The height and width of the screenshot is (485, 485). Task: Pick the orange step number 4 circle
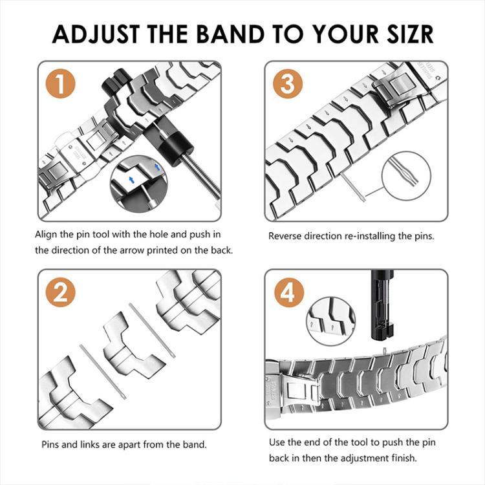289,294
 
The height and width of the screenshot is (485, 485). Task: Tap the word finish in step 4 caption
404,458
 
